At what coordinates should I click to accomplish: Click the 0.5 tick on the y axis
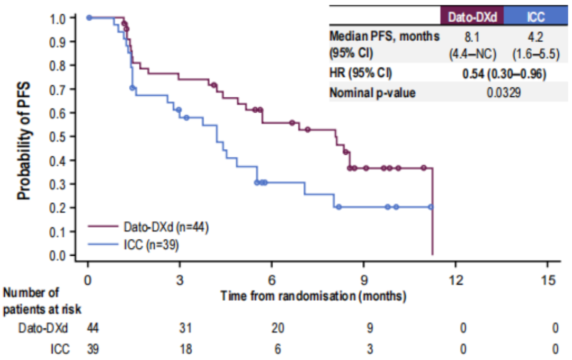pyautogui.click(x=59, y=137)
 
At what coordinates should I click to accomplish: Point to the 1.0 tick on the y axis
pyautogui.click(x=59, y=17)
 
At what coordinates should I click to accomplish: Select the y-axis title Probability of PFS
pyautogui.click(x=24, y=140)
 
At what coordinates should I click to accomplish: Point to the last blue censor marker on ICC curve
pyautogui.click(x=431, y=207)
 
